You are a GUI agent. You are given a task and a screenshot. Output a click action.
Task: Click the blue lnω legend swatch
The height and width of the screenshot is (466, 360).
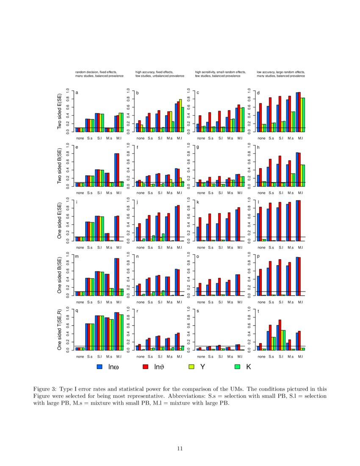[100, 366]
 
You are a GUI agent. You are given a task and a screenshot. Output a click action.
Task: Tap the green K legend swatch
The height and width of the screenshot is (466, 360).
[238, 366]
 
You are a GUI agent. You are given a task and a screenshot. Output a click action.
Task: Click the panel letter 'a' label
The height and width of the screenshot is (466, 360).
[77, 92]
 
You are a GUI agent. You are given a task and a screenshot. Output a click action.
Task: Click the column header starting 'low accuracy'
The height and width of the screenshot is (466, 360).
[280, 72]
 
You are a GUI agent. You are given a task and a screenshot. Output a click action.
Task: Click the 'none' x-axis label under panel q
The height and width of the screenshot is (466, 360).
[80, 357]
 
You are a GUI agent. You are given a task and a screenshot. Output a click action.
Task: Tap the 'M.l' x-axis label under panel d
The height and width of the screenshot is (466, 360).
[300, 138]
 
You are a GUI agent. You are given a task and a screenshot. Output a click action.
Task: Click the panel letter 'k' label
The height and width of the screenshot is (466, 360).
[197, 202]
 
